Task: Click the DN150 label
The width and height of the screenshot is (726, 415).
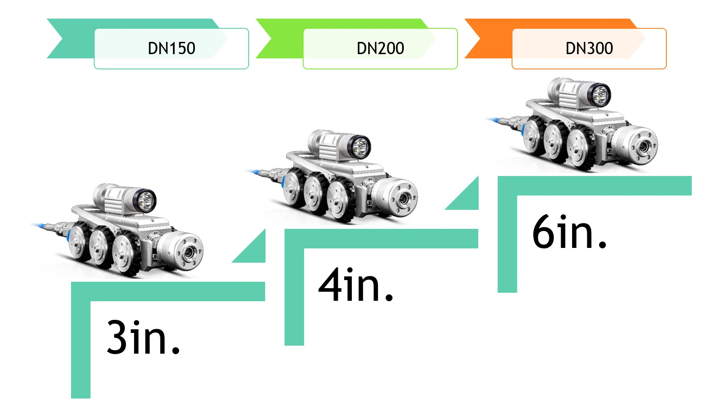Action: [171, 49]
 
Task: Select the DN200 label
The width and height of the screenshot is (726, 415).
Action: [380, 49]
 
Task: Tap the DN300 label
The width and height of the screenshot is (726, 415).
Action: [589, 49]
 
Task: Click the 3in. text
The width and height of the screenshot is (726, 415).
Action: [143, 337]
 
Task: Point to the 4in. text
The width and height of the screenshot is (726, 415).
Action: [356, 285]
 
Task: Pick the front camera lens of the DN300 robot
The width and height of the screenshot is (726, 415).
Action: [643, 147]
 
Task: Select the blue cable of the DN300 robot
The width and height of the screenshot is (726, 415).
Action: [495, 120]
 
